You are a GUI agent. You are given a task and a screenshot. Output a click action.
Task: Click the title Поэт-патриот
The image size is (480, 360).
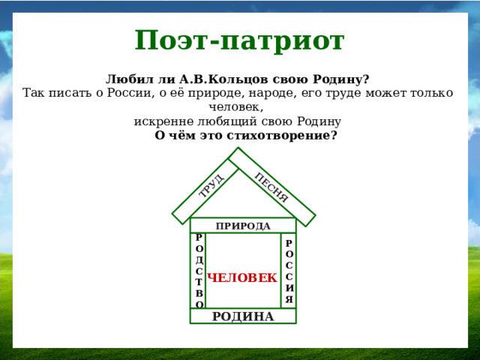pyautogui.click(x=239, y=40)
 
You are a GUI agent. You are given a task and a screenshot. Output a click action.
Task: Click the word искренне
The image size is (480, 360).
pyautogui.click(x=161, y=121)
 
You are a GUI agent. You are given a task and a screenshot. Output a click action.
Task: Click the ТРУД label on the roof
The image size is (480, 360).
pyautogui.click(x=211, y=184)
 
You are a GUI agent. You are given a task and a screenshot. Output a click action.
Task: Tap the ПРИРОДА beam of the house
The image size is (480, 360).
pyautogui.click(x=243, y=226)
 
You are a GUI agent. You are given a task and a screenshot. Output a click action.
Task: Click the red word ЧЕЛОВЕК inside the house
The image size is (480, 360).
pyautogui.click(x=242, y=278)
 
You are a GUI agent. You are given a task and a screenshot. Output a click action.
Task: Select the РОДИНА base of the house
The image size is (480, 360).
pyautogui.click(x=243, y=316)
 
